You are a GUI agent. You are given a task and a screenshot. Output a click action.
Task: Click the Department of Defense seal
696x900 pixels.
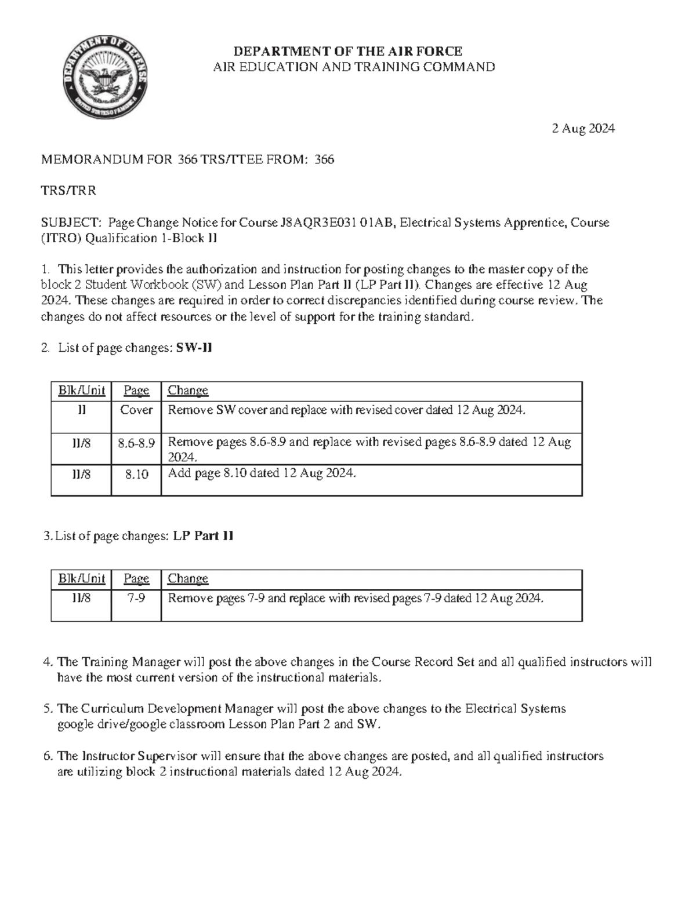105,76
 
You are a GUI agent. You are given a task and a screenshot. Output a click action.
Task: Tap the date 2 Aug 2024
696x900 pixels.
583,129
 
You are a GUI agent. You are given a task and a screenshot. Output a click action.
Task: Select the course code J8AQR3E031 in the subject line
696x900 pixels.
318,223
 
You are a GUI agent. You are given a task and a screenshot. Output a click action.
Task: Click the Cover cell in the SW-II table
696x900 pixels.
136,410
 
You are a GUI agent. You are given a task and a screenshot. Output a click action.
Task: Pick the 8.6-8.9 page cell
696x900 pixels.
136,443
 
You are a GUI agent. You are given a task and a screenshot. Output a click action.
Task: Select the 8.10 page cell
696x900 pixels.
136,475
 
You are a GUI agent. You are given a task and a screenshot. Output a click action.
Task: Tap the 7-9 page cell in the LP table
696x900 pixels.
136,599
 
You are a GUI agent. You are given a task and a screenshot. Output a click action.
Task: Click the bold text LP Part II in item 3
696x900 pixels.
203,536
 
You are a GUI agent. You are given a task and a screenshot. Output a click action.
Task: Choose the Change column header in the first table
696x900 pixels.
187,391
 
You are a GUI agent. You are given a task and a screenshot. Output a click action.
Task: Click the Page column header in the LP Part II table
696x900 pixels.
136,579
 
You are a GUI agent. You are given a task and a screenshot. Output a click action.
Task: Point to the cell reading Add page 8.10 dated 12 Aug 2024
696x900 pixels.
261,473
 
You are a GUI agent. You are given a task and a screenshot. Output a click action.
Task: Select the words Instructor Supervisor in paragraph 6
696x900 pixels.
135,756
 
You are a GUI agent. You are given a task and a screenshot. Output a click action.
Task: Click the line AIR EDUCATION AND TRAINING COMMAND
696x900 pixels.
354,67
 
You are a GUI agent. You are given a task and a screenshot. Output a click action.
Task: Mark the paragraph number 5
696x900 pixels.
48,709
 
